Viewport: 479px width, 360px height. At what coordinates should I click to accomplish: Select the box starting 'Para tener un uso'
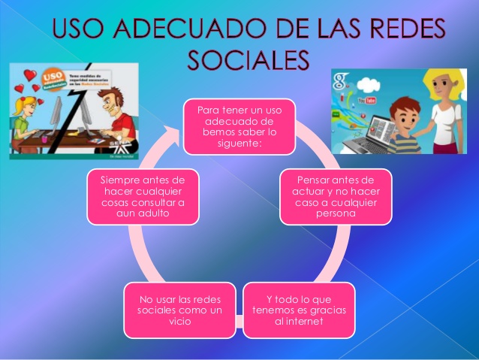coord(239,122)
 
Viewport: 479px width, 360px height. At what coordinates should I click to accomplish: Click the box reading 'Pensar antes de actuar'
coord(336,195)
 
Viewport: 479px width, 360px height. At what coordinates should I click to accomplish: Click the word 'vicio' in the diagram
coord(181,322)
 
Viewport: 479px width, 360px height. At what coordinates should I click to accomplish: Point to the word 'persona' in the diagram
coord(336,213)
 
